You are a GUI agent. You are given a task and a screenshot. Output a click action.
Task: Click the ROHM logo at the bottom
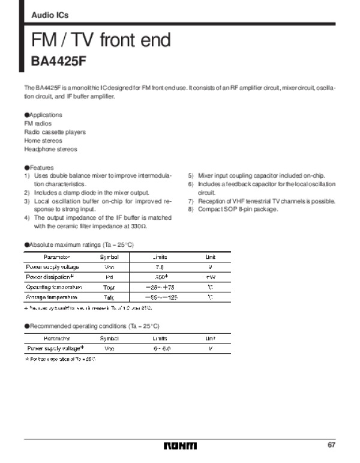(x=180, y=446)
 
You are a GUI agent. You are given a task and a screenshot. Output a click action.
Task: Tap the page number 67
(x=331, y=445)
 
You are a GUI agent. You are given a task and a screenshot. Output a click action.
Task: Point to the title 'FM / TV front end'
(x=101, y=40)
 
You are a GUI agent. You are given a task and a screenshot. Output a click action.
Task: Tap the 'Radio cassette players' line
(x=55, y=132)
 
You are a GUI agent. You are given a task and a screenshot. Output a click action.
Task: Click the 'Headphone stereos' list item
(x=50, y=149)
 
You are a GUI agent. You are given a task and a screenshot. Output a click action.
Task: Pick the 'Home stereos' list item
(x=44, y=141)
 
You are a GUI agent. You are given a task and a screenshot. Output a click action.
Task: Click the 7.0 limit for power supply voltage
(x=160, y=267)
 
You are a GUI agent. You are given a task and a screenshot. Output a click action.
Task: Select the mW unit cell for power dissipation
(x=210, y=277)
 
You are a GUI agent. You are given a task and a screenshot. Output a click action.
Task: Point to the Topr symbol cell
(x=109, y=287)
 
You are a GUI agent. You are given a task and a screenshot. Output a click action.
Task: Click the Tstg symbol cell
(x=109, y=297)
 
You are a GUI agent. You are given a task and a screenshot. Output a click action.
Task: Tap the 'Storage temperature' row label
(x=52, y=297)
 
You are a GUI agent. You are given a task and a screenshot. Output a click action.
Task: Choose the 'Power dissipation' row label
(x=50, y=277)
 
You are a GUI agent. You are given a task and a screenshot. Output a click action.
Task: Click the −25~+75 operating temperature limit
(x=160, y=287)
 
